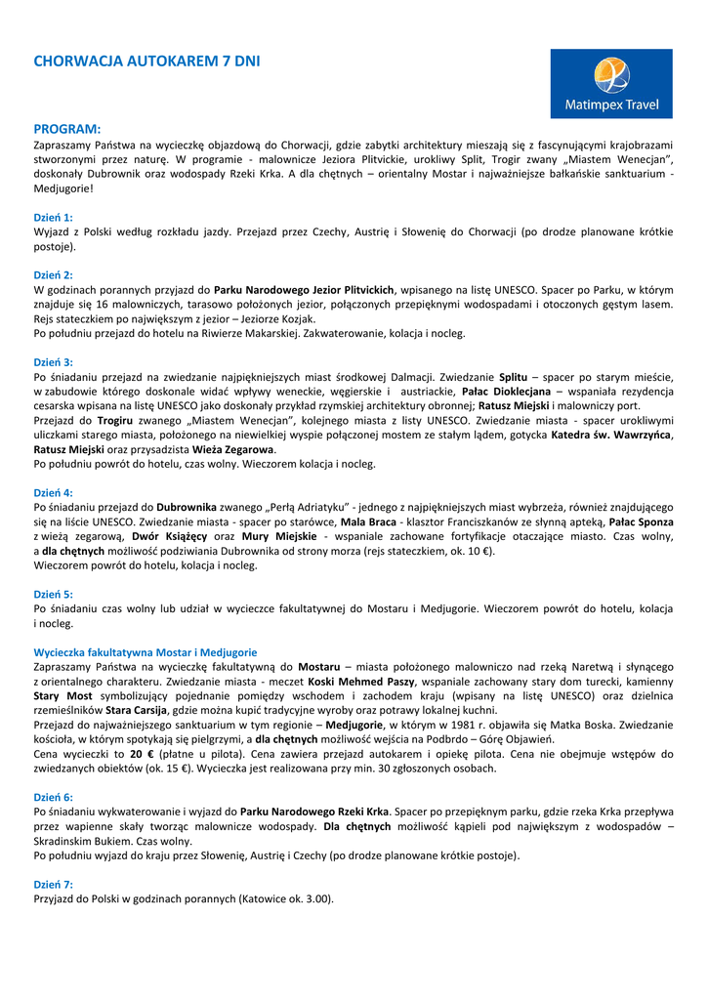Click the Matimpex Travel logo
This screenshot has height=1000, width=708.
pyautogui.click(x=611, y=84)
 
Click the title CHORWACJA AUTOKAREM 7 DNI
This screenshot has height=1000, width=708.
pyautogui.click(x=146, y=62)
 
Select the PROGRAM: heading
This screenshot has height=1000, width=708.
pyautogui.click(x=67, y=128)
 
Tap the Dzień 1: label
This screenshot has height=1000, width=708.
pyautogui.click(x=54, y=217)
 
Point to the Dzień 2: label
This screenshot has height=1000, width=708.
pyautogui.click(x=54, y=275)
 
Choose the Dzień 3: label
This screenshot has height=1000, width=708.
pyautogui.click(x=54, y=362)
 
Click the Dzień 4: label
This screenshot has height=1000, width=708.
pyautogui.click(x=54, y=493)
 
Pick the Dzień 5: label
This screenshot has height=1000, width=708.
pyautogui.click(x=54, y=594)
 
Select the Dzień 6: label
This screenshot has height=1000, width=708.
pyautogui.click(x=54, y=797)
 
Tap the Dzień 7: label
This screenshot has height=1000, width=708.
pyautogui.click(x=54, y=884)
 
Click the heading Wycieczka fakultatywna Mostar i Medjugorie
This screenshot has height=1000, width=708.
pyautogui.click(x=146, y=651)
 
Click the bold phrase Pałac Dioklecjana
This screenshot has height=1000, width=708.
pyautogui.click(x=507, y=391)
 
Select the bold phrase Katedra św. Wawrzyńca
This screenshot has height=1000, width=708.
pyautogui.click(x=611, y=435)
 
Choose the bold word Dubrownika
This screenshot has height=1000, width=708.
pyautogui.click(x=187, y=507)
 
